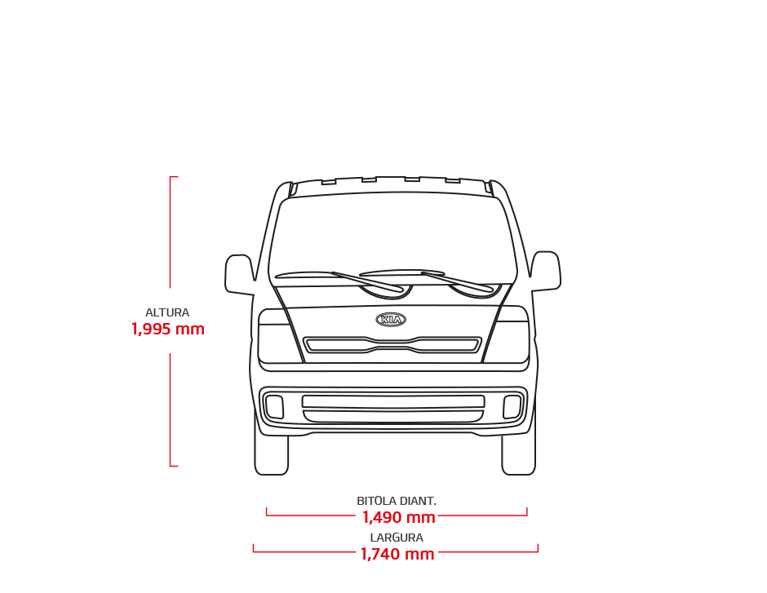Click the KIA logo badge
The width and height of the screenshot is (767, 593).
tap(391, 320)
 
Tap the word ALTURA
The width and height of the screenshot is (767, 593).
tap(167, 312)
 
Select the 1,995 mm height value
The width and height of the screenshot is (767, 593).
tap(168, 329)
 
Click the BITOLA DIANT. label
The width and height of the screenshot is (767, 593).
tap(397, 501)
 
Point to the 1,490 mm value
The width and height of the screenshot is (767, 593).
tap(399, 517)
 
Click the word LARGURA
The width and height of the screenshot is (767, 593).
tap(397, 538)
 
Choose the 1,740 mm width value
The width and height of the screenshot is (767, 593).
tap(397, 554)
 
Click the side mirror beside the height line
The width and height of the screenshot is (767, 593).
tap(240, 275)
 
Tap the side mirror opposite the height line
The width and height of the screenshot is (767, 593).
tap(545, 272)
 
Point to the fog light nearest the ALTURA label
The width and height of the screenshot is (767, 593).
tap(274, 407)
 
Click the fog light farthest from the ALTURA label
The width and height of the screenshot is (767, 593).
tap(512, 407)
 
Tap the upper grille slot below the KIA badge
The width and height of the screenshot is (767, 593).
tap(392, 345)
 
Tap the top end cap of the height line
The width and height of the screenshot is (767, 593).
tap(174, 176)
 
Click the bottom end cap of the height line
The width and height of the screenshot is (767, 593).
tap(174, 466)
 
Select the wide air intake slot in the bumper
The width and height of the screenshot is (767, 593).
tap(393, 401)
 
